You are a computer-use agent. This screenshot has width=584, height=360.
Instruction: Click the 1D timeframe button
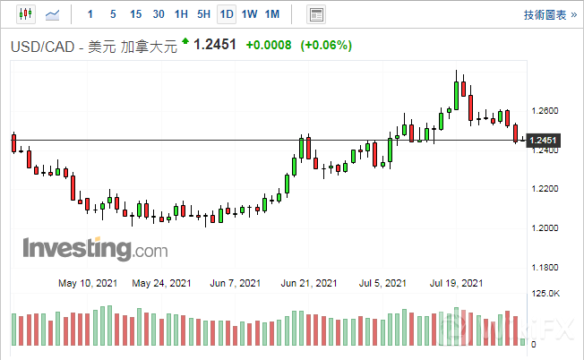227,14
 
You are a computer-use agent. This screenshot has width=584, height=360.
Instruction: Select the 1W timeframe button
250,14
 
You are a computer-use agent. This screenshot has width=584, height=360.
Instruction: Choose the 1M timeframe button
273,14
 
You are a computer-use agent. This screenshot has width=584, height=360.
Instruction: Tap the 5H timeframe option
203,14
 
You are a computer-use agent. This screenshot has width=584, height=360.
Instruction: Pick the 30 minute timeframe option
158,14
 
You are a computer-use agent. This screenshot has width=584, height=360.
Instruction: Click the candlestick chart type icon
24,14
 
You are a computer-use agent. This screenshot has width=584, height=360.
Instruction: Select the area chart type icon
54,14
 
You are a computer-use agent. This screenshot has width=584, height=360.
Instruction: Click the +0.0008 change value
269,45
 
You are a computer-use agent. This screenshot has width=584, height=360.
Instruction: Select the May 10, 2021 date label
88,283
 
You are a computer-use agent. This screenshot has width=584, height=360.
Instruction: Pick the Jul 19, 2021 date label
457,283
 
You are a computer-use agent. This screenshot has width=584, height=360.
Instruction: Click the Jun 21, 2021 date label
309,283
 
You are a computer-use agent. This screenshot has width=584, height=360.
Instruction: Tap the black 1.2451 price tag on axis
544,141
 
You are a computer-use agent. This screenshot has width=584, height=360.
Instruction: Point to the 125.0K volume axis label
546,294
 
